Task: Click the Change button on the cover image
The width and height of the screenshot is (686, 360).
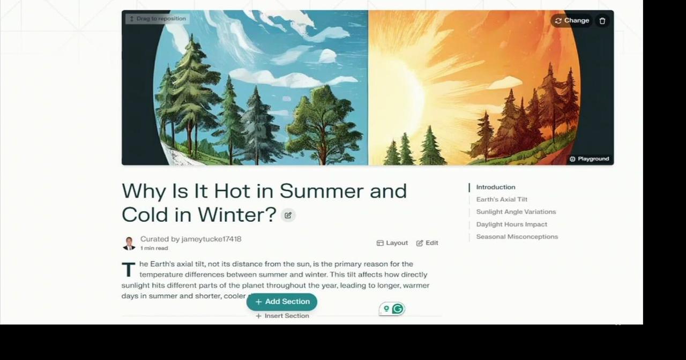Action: point(571,20)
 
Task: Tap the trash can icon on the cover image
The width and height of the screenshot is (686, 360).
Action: point(602,21)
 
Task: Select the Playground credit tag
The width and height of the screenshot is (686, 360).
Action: point(589,159)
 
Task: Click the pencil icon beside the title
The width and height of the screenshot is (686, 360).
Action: point(288,215)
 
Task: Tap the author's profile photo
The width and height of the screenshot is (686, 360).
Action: point(129,243)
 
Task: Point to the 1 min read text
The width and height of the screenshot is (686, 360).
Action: point(154,248)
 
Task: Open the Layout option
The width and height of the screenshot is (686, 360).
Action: point(392,243)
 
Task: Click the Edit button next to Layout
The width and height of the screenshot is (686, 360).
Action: point(427,243)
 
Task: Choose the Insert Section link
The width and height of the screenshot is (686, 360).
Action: point(282,316)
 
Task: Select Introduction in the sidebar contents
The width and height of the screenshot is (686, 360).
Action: point(496,187)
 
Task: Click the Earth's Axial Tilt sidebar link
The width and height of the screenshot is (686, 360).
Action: point(502,199)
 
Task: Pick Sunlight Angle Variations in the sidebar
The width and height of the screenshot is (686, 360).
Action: point(516,212)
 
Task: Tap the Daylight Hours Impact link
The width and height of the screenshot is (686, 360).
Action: point(512,224)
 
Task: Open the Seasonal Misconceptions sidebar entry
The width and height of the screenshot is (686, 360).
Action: point(517,236)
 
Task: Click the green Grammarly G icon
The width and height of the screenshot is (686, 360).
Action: point(397,309)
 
